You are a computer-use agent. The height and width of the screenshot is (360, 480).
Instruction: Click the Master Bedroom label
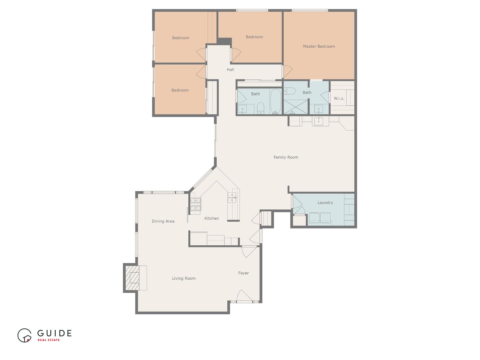pyautogui.click(x=319, y=46)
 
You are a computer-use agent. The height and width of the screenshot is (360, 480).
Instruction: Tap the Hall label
pyautogui.click(x=230, y=70)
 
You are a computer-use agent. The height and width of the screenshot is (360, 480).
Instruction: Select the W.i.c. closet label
pyautogui.click(x=339, y=98)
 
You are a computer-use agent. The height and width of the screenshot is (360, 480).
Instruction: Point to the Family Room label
pyautogui.click(x=286, y=157)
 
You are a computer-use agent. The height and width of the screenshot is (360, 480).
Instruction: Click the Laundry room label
pyautogui.click(x=325, y=203)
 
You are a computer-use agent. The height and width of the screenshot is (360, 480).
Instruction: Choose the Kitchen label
pyautogui.click(x=211, y=218)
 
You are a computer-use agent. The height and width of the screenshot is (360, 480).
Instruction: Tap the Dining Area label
pyautogui.click(x=163, y=221)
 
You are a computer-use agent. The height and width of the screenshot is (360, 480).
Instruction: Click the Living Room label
pyautogui.click(x=184, y=278)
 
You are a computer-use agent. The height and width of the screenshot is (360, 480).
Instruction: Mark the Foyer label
pyautogui.click(x=243, y=273)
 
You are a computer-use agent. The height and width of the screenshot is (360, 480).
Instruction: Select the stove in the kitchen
pyautogui.click(x=196, y=204)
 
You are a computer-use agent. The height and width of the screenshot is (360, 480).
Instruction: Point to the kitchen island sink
pyautogui.click(x=232, y=197)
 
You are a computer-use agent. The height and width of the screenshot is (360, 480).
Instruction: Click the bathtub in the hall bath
pyautogui.click(x=275, y=101)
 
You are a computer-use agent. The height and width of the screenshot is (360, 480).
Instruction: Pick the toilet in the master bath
pyautogui.click(x=289, y=91)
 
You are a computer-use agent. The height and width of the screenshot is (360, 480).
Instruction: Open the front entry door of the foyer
pyautogui.click(x=244, y=297)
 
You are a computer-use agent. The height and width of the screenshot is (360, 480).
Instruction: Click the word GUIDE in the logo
pyautogui.click(x=54, y=333)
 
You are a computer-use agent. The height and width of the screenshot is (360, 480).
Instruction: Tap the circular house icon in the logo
pyautogui.click(x=24, y=335)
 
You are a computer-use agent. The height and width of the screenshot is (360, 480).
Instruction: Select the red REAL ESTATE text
pyautogui.click(x=49, y=340)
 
